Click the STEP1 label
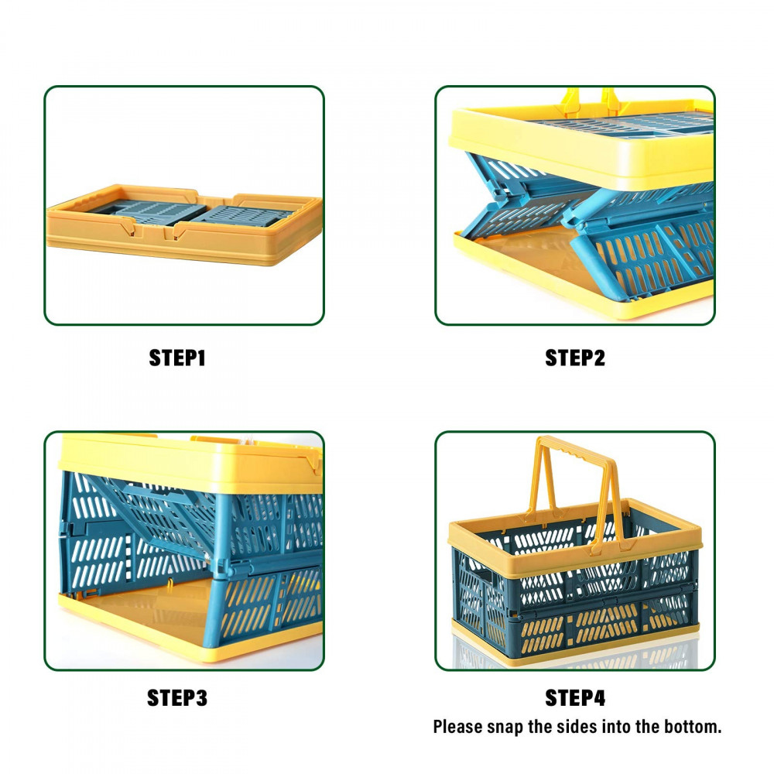(177, 358)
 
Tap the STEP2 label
(575, 358)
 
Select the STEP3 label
(177, 698)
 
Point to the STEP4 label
(575, 698)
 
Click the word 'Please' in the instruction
(457, 727)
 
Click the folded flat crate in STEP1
(184, 224)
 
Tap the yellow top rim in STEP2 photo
(583, 148)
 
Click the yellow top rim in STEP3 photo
(190, 464)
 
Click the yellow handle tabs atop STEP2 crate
(591, 101)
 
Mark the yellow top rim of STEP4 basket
(575, 538)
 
